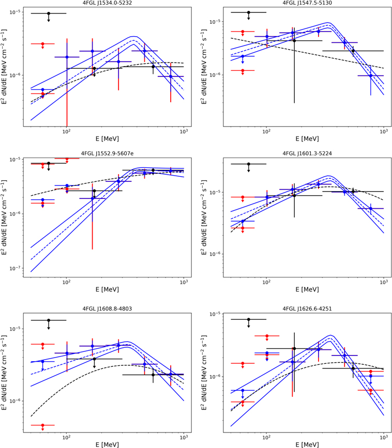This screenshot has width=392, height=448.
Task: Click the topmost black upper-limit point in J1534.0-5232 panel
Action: (x=49, y=13)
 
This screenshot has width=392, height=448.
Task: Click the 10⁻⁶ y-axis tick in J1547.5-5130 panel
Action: (x=218, y=75)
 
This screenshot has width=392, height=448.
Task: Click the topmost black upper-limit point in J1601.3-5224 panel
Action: (x=249, y=164)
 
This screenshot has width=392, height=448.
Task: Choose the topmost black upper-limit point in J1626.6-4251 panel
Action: (x=249, y=319)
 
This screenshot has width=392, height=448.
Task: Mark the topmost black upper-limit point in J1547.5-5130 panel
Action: (x=249, y=12)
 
